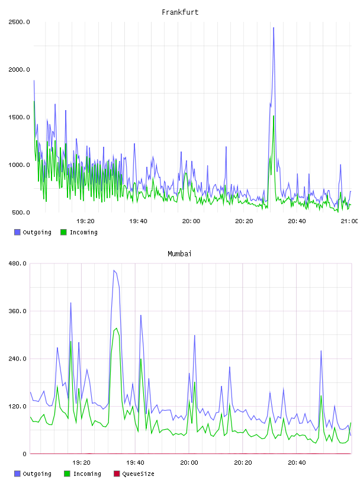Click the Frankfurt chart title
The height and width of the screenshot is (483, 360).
pyautogui.click(x=180, y=12)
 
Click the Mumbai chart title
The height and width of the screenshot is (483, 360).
pyautogui.click(x=179, y=254)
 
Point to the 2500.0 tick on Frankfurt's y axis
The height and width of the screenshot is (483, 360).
pyautogui.click(x=19, y=22)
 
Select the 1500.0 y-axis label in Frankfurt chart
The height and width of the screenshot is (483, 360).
pyautogui.click(x=19, y=117)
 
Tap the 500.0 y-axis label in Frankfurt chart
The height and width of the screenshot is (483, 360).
pyautogui.click(x=21, y=212)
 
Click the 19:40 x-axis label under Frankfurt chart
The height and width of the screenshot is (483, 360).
pyautogui.click(x=138, y=221)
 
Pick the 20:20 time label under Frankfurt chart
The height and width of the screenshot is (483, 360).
pyautogui.click(x=244, y=221)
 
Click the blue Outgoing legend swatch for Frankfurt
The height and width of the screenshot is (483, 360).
pyautogui.click(x=17, y=232)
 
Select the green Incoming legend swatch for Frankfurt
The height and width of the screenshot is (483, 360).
pyautogui.click(x=63, y=232)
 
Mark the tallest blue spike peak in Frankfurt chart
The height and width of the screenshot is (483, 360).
pyautogui.click(x=274, y=28)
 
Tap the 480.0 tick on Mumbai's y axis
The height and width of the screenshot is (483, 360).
pyautogui.click(x=17, y=263)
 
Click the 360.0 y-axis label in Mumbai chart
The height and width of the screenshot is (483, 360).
pyautogui.click(x=17, y=311)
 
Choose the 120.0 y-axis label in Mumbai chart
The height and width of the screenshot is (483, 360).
pyautogui.click(x=17, y=406)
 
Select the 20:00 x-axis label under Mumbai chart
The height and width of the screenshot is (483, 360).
pyautogui.click(x=189, y=462)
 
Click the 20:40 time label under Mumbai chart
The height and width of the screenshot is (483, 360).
pyautogui.click(x=297, y=462)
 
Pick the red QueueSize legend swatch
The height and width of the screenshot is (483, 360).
pyautogui.click(x=117, y=474)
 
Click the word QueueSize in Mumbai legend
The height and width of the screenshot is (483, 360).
pyautogui.click(x=138, y=474)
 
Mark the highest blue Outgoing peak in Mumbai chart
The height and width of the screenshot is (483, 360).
pyautogui.click(x=114, y=271)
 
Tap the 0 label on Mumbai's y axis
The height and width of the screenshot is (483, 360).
pyautogui.click(x=24, y=454)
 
